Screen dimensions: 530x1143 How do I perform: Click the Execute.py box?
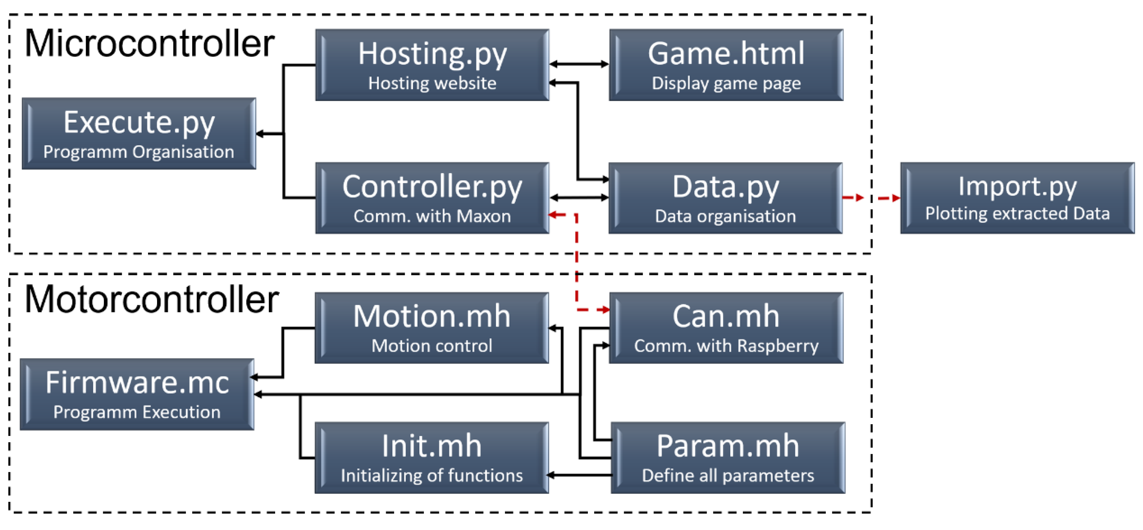point(139,133)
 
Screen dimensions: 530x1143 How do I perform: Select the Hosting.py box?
point(432,65)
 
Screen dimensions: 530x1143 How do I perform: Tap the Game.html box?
point(726,65)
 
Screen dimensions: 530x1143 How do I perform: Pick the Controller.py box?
point(432,198)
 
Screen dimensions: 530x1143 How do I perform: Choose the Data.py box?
point(725,198)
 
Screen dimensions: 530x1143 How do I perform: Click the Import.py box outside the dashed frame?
point(1017,198)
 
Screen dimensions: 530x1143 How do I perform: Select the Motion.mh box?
point(432,328)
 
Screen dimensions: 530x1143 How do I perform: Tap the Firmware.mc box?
point(137,394)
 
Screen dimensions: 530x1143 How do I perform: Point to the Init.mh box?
point(432,457)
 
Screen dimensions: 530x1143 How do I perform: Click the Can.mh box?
point(726,328)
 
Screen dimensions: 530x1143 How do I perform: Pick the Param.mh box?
point(728,457)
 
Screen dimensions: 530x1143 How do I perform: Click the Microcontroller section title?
point(149,44)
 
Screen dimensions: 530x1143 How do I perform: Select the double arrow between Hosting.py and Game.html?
point(579,64)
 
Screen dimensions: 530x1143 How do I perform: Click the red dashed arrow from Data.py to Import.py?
point(871,198)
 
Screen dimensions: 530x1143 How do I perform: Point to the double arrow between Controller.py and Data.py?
point(579,197)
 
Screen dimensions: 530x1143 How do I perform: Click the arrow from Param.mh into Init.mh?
point(580,475)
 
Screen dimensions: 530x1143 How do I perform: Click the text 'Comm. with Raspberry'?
point(726,345)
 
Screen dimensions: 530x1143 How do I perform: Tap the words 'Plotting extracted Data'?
point(1017,213)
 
